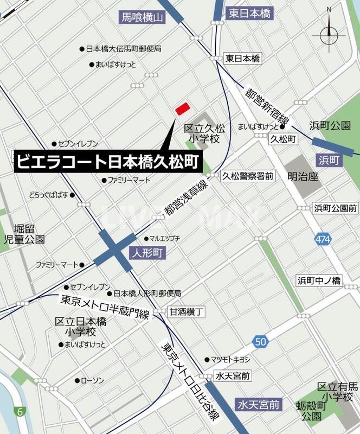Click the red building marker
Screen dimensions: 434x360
182,108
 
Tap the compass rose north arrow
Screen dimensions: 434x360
329,36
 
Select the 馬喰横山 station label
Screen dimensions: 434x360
142,18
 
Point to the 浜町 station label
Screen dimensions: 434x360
330,160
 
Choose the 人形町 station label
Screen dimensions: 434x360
147,253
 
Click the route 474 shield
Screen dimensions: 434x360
323,239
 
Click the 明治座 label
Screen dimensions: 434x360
303,176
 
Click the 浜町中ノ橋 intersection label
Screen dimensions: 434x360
319,280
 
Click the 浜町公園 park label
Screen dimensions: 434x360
330,125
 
